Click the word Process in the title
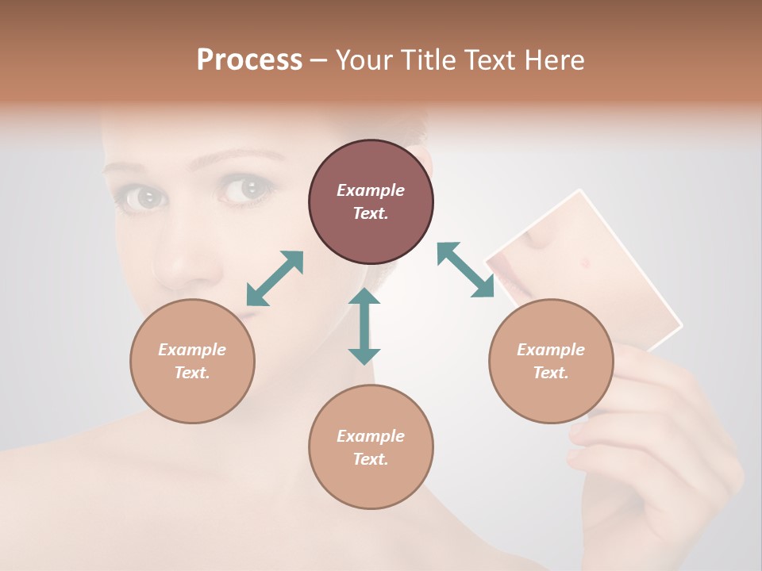pyautogui.click(x=249, y=59)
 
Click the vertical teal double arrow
pyautogui.click(x=364, y=326)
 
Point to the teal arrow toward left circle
pyautogui.click(x=275, y=278)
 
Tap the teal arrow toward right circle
pyautogui.click(x=465, y=270)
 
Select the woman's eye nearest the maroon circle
pyautogui.click(x=248, y=189)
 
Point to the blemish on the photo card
pyautogui.click(x=585, y=263)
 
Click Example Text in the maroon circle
pyautogui.click(x=371, y=201)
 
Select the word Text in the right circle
pyautogui.click(x=551, y=373)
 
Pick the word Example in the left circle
pyautogui.click(x=192, y=350)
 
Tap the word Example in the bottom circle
pyautogui.click(x=371, y=436)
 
